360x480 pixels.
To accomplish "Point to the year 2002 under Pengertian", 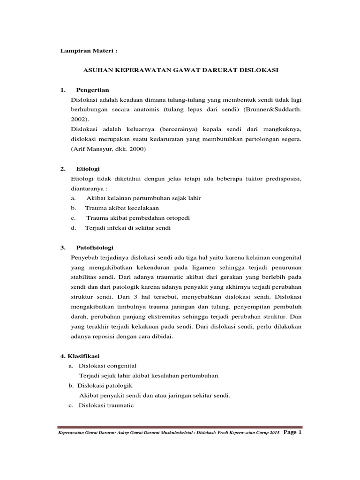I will [x=79, y=120].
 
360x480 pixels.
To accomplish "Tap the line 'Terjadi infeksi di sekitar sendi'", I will [x=127, y=228].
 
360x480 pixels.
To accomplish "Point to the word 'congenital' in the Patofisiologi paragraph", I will [x=285, y=258].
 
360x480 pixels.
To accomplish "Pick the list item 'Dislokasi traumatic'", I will [x=106, y=405].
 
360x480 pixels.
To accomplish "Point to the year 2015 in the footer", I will [x=275, y=433].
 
